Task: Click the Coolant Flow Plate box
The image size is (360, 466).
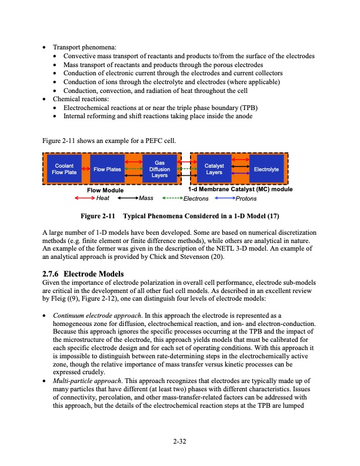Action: click(x=64, y=169)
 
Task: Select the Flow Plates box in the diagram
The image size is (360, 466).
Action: click(x=107, y=169)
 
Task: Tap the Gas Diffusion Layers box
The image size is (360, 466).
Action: click(x=159, y=169)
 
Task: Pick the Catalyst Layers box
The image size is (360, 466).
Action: click(x=214, y=169)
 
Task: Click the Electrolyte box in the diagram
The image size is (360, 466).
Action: click(x=266, y=169)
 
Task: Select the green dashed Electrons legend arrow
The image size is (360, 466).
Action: click(x=172, y=198)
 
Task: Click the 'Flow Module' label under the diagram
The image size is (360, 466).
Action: click(x=105, y=190)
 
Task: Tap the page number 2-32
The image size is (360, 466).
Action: click(x=179, y=440)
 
